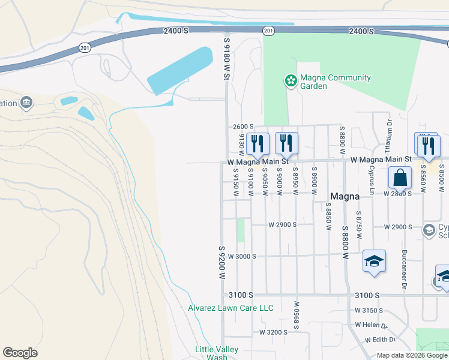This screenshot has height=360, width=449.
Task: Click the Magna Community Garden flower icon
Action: point(291,80)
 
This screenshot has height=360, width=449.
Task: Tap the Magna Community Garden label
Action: point(336,82)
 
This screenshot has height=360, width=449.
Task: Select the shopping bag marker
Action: point(400,178)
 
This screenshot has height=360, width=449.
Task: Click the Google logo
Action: point(20,353)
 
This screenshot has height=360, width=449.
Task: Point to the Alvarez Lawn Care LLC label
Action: point(231,308)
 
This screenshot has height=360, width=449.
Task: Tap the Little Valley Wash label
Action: point(217,353)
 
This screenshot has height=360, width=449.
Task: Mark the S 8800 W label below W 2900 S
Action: point(345,242)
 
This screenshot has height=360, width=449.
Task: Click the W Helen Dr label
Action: point(372,325)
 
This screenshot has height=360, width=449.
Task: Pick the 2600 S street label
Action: point(243,127)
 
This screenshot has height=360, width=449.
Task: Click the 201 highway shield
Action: point(268,31)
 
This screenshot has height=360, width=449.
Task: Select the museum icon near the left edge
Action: point(26,103)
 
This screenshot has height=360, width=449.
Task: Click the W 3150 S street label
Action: point(369,310)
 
